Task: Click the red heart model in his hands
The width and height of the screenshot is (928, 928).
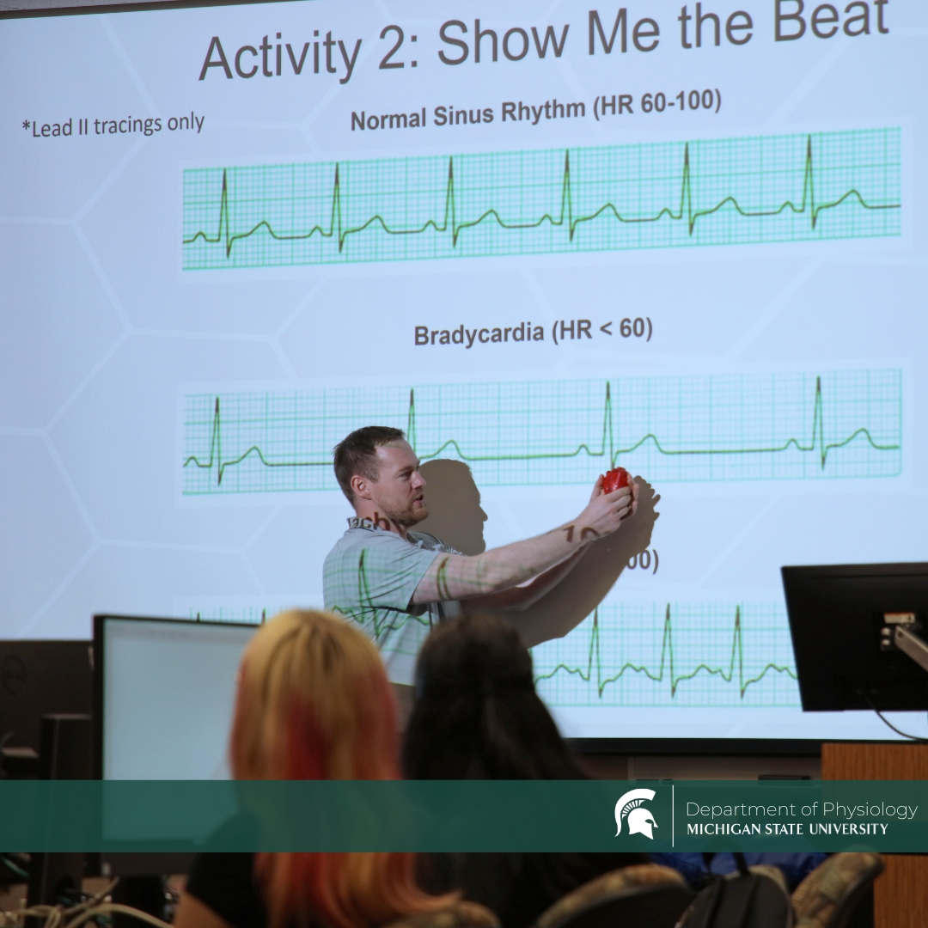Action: click(x=615, y=480)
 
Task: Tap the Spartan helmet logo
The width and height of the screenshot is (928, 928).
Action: click(x=636, y=814)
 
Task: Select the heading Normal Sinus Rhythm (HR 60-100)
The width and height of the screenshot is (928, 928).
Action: click(x=534, y=111)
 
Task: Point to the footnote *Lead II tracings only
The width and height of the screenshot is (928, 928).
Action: click(x=113, y=125)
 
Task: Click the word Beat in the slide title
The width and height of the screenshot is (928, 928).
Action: click(x=830, y=23)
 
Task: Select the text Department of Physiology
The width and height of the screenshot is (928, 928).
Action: click(x=801, y=809)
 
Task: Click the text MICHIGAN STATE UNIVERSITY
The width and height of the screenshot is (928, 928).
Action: click(x=787, y=829)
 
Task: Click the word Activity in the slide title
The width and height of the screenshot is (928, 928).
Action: click(x=280, y=57)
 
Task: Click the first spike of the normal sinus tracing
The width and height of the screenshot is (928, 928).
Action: click(x=224, y=206)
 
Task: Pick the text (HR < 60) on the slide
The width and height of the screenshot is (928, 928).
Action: click(x=601, y=329)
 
